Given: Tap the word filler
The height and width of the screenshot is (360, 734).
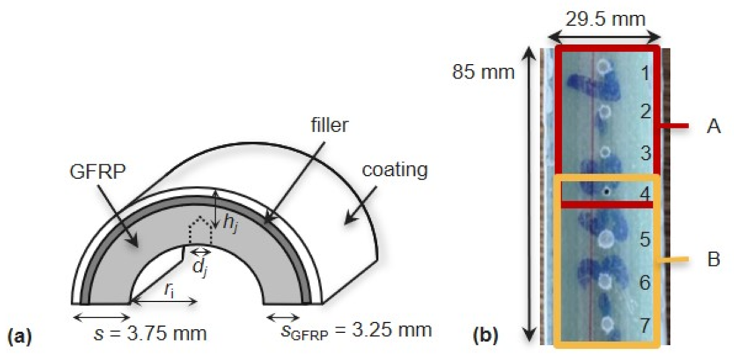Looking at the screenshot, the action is (330, 125).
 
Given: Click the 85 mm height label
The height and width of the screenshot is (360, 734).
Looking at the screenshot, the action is (482, 72).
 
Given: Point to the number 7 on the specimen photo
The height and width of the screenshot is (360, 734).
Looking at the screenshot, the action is (645, 325).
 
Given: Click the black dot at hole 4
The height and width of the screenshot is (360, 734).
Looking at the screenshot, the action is (607, 192).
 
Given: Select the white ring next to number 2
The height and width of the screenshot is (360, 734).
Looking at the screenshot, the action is (605, 111).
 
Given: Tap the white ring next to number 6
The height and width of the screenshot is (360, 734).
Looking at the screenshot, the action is (606, 281).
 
